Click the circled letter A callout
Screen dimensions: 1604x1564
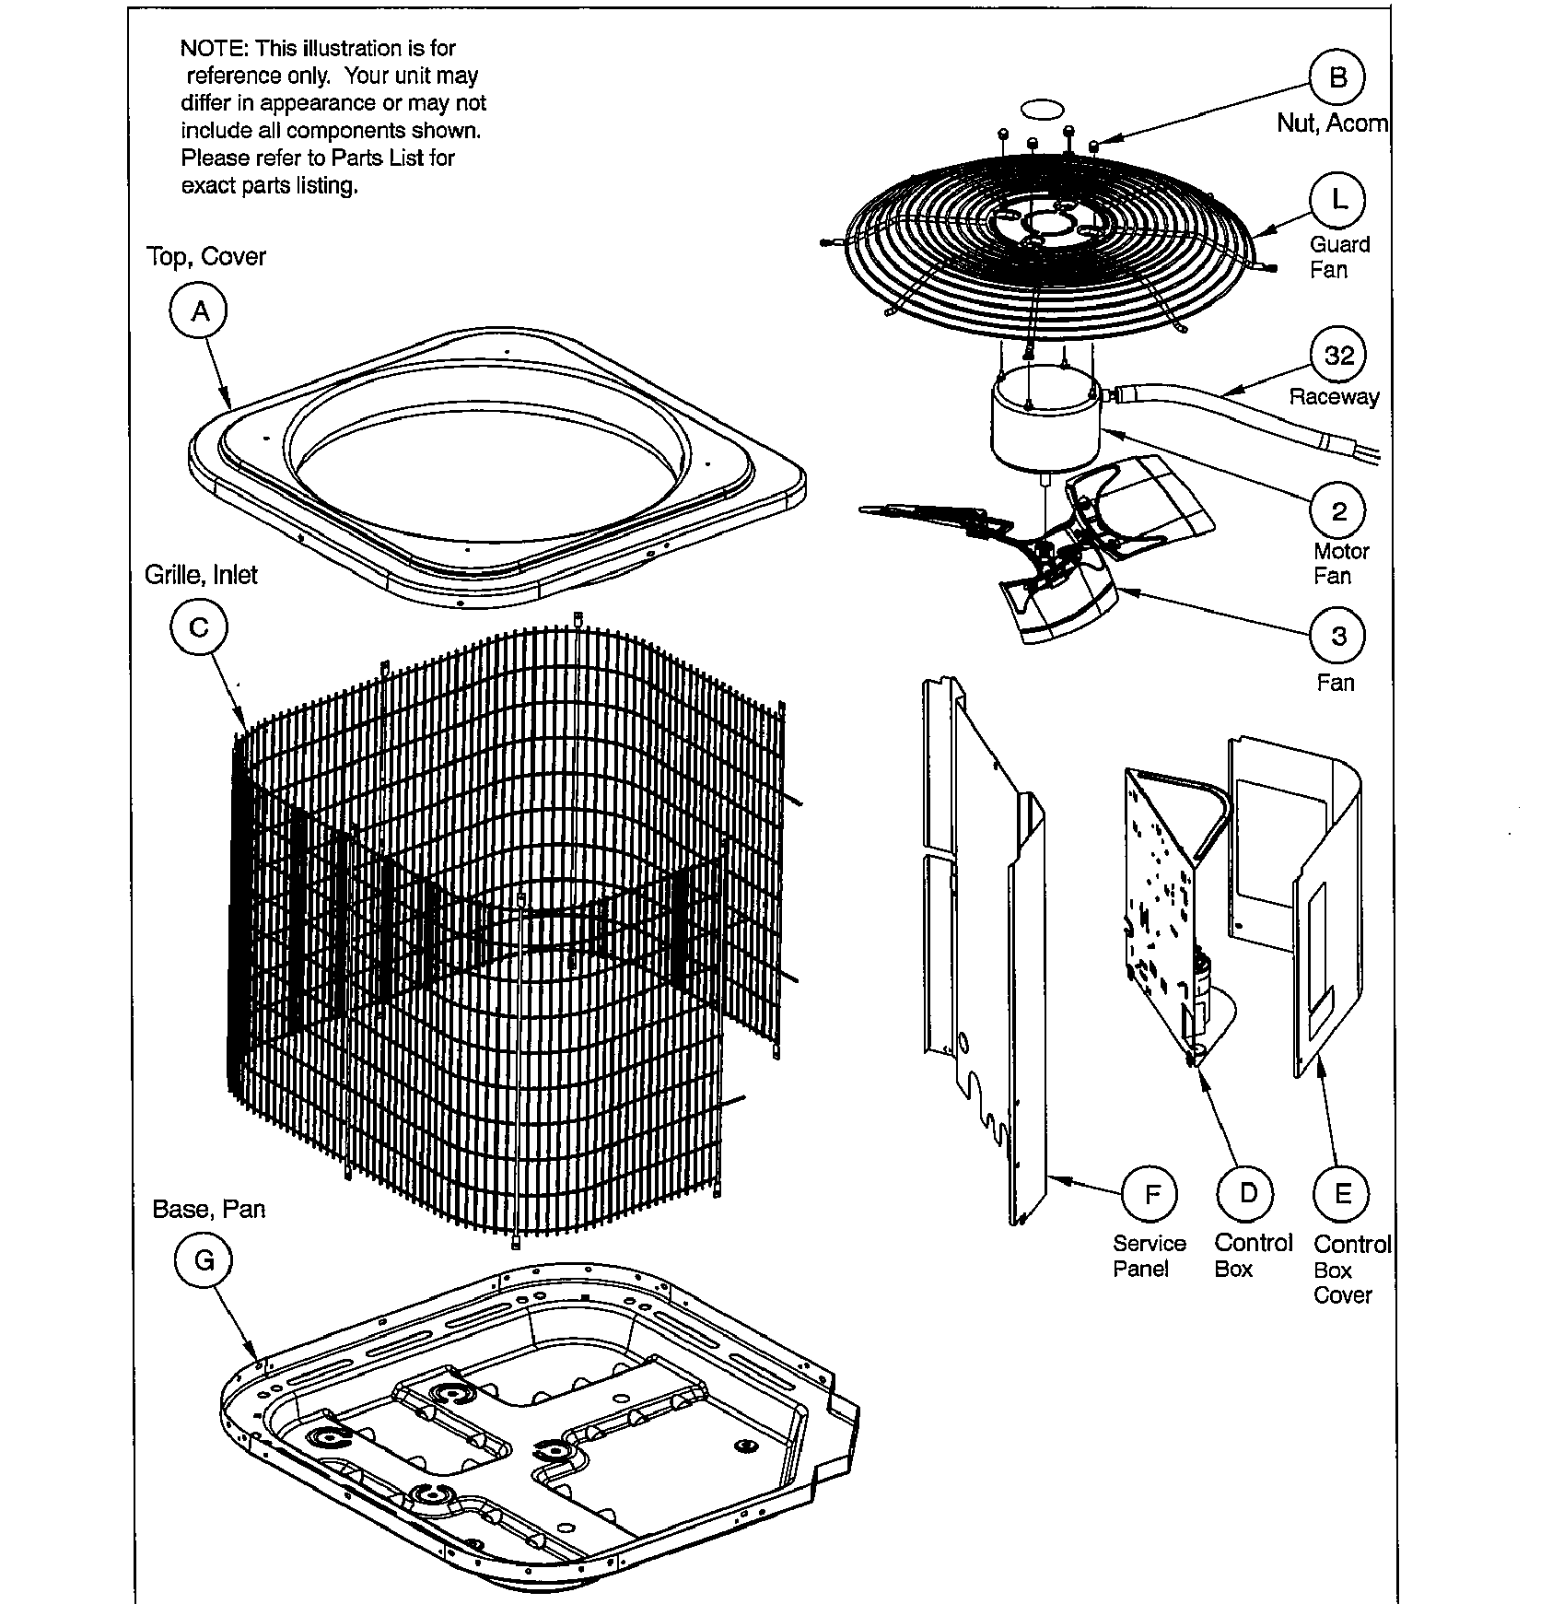[x=200, y=312]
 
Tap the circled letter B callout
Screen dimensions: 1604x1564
[x=1338, y=77]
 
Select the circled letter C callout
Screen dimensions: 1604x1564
[x=199, y=628]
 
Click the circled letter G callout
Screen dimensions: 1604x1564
[x=204, y=1260]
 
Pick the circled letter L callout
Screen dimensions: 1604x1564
[x=1338, y=200]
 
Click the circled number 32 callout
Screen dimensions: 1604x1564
[x=1338, y=356]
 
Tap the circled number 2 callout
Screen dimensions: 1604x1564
[x=1338, y=511]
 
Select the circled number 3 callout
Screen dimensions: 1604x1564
[x=1338, y=636]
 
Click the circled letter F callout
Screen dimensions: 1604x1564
[x=1151, y=1195]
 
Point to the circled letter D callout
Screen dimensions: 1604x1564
[x=1247, y=1194]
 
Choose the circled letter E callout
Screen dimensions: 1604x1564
[x=1342, y=1195]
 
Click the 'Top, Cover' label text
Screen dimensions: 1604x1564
[x=206, y=257]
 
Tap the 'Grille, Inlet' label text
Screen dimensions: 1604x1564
[x=201, y=575]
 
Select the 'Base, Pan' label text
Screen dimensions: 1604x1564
[x=208, y=1209]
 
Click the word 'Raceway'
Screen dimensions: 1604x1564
[x=1334, y=397]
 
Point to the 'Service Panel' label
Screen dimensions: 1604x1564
[x=1149, y=1256]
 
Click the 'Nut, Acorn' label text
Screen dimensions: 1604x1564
[x=1332, y=123]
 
